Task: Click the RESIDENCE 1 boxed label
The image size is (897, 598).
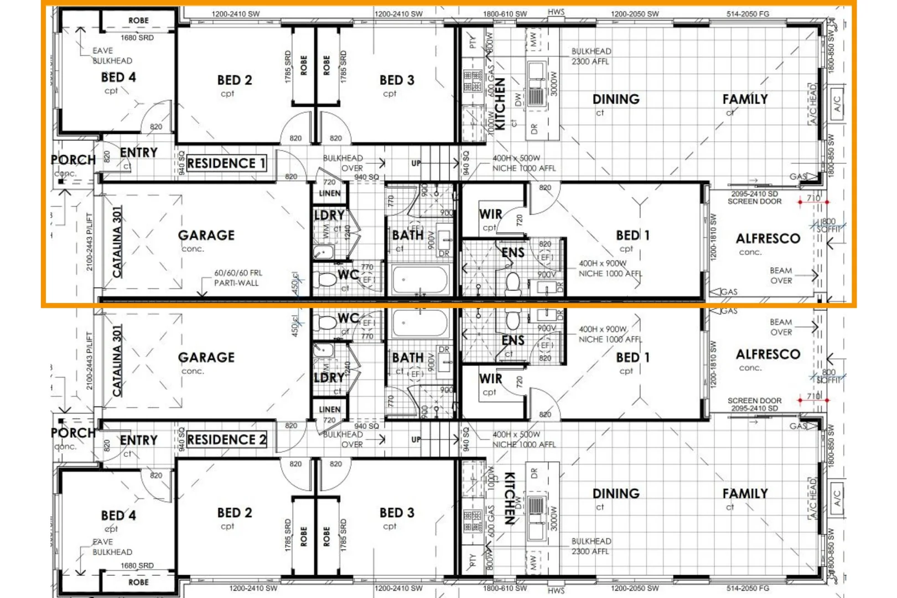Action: tap(226, 163)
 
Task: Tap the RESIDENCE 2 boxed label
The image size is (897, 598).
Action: tap(226, 440)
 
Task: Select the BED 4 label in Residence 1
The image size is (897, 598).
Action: tap(118, 78)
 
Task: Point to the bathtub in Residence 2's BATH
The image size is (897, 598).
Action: tap(419, 323)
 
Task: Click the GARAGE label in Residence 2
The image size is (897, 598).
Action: tap(206, 358)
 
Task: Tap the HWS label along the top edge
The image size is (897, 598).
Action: tap(556, 12)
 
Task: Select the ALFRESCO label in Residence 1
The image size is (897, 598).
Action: tap(768, 239)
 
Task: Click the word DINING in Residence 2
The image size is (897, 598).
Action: tap(615, 493)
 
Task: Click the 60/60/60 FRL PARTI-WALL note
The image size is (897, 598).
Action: tap(238, 278)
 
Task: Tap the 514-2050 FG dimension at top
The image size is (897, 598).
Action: tap(748, 14)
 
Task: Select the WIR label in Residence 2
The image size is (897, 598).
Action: tap(490, 379)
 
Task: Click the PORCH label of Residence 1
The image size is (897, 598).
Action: tap(73, 160)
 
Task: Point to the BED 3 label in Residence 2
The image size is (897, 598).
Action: tap(396, 513)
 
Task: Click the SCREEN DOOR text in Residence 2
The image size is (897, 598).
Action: tap(754, 400)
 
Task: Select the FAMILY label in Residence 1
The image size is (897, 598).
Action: tap(745, 100)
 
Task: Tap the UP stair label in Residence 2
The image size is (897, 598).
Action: tap(416, 440)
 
